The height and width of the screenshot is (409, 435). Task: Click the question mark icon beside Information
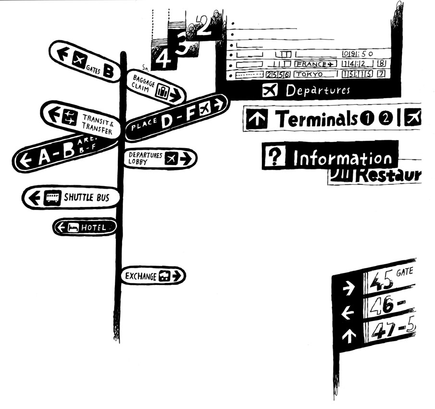(274, 156)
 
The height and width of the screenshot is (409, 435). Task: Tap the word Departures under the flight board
(318, 90)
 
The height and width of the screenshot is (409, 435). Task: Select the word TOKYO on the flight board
(309, 75)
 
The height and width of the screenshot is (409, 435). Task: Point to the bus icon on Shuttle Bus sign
(52, 198)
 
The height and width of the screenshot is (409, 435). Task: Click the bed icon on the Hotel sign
(73, 228)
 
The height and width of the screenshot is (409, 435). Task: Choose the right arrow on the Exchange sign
(177, 276)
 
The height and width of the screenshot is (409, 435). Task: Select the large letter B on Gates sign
(109, 72)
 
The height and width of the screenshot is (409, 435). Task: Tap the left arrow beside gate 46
(348, 314)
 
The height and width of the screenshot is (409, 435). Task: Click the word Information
(343, 159)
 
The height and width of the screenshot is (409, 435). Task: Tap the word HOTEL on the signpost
(94, 228)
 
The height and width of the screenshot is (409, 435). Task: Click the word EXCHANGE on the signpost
(140, 276)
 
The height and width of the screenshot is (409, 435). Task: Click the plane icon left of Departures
(270, 90)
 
